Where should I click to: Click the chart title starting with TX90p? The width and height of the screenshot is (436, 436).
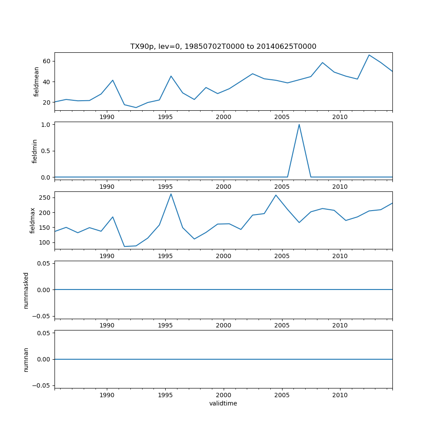pos(223,47)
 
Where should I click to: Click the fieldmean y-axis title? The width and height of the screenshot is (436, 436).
pos(36,82)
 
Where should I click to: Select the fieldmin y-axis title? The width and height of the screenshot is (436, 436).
pos(35,151)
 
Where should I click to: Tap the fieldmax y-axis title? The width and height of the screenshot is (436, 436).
pos(32,220)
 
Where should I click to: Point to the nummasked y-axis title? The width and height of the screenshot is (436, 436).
pos(26,290)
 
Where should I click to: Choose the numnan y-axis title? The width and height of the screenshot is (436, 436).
pos(26,359)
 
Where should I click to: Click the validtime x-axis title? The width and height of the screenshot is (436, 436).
pos(223,403)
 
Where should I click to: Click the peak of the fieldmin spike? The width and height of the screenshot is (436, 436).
pos(299,125)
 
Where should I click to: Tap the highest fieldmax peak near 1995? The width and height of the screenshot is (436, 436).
pos(171,194)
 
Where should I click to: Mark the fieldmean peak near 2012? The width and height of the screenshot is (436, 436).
pos(369,55)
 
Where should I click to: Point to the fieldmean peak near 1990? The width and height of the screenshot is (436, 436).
pos(112,80)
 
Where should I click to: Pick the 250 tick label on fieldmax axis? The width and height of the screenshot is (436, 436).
pos(44,198)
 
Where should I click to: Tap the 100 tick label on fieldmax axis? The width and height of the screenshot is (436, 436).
pos(44,242)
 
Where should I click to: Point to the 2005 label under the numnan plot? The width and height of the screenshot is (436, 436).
pos(282,395)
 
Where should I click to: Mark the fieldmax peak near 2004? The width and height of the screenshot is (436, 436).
pos(276,195)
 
